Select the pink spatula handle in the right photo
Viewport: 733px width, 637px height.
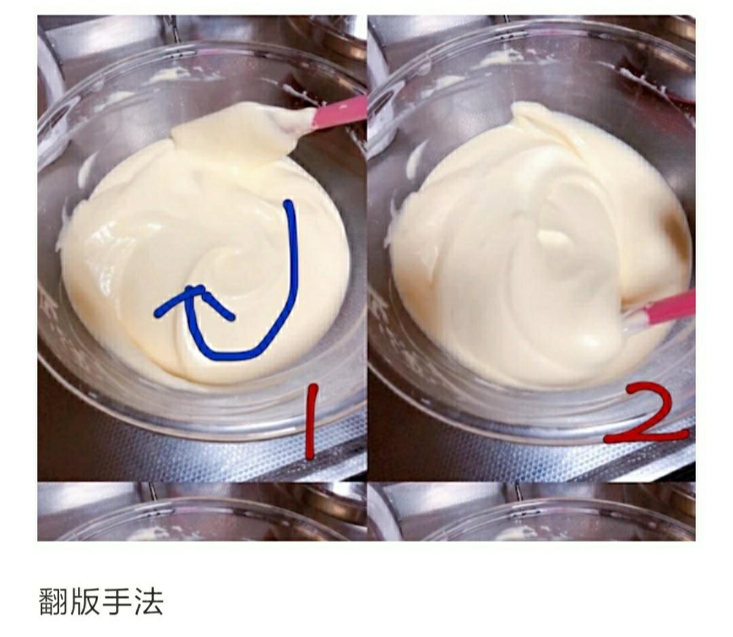pos(669,309)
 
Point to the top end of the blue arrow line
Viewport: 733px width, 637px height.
pos(289,204)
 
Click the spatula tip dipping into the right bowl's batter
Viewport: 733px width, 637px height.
pos(628,319)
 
